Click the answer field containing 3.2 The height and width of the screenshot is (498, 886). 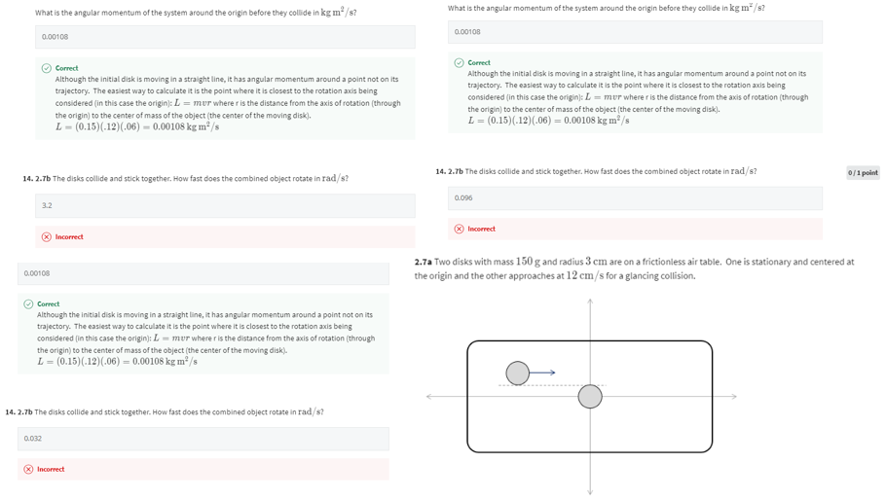point(225,205)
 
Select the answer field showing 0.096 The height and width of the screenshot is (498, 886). point(634,197)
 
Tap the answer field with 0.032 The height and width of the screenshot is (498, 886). point(203,439)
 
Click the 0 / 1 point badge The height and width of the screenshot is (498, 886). point(863,172)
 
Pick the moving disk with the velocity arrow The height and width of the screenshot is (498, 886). point(518,373)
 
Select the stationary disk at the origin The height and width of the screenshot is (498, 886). point(590,396)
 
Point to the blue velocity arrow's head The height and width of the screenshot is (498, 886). point(552,373)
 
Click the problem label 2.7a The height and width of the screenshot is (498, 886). point(424,262)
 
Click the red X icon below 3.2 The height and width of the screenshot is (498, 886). point(47,237)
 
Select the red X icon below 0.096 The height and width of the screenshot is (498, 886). point(460,229)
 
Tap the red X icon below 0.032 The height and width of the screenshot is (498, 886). point(29,469)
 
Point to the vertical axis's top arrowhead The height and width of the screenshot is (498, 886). point(590,302)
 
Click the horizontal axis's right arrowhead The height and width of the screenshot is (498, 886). point(734,396)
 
